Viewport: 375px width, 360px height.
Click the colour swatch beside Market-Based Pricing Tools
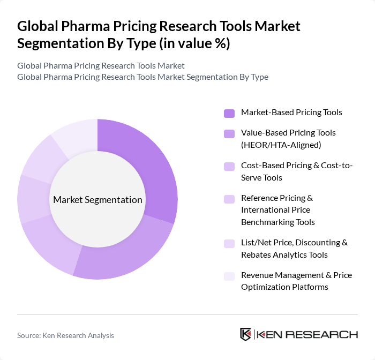tap(229, 113)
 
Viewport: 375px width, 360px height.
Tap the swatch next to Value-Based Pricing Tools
tap(229, 133)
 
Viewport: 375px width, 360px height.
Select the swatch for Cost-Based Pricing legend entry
tap(229, 167)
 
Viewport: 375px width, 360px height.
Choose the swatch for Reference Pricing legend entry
tap(229, 199)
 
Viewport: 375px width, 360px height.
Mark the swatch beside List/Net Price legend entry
tap(229, 243)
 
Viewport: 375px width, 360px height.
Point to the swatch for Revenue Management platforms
tap(229, 276)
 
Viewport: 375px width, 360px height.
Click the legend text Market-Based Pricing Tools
tap(291, 112)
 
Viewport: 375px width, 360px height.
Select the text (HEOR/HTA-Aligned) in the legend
tap(280, 145)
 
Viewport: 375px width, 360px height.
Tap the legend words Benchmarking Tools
tap(277, 222)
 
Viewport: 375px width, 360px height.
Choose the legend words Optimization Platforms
tap(284, 287)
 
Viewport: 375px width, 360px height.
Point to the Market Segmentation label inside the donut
tap(97, 200)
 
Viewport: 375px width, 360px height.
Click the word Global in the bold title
tap(37, 26)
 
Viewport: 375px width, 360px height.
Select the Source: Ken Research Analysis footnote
tap(65, 335)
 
